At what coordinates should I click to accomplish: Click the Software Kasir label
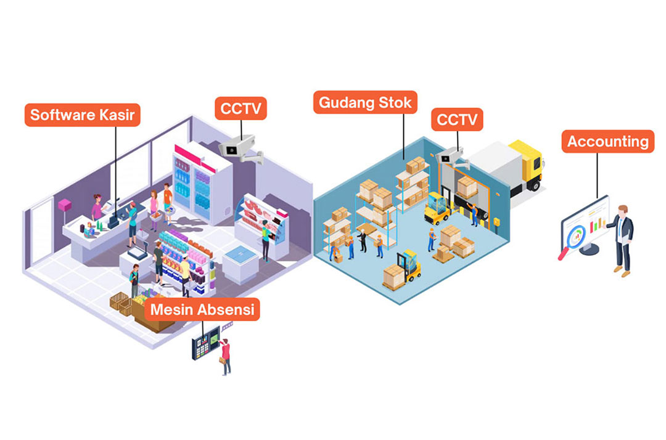pos(83,115)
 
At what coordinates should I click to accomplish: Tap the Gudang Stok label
pos(364,102)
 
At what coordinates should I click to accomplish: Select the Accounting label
pos(607,142)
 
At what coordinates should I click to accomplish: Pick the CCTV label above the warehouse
pos(457,120)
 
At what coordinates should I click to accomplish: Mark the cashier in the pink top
pos(97,206)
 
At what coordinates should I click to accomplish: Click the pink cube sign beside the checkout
pos(65,204)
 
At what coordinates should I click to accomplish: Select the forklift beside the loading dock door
pos(437,208)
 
